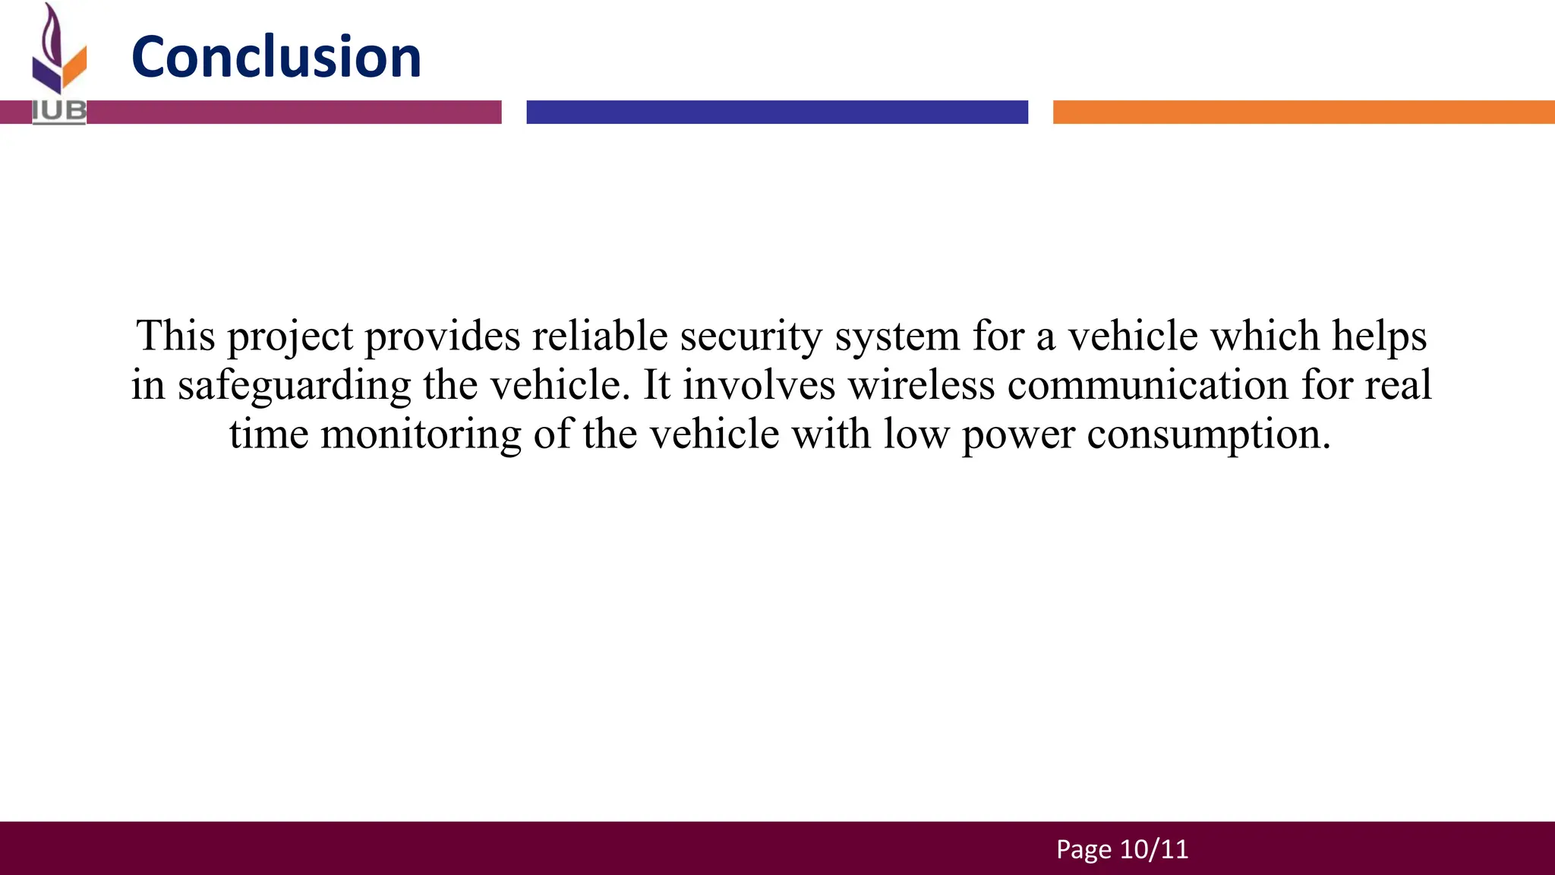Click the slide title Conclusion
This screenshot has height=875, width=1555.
coord(276,57)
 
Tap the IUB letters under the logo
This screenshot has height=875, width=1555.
coord(59,112)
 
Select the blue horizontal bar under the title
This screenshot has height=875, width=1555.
coord(777,112)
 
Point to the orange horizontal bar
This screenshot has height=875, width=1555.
coord(1303,112)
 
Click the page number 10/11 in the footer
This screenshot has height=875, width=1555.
coord(1154,849)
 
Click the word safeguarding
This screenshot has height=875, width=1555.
coord(295,386)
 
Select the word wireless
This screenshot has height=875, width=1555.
coord(921,384)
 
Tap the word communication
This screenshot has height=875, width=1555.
coord(1147,384)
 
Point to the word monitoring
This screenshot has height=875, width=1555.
coord(421,435)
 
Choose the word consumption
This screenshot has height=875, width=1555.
coord(1208,435)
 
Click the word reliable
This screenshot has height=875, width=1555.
coord(599,335)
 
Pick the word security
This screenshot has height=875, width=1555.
coord(751,336)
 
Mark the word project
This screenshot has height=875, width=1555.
coord(290,336)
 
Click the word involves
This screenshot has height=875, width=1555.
coord(759,384)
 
